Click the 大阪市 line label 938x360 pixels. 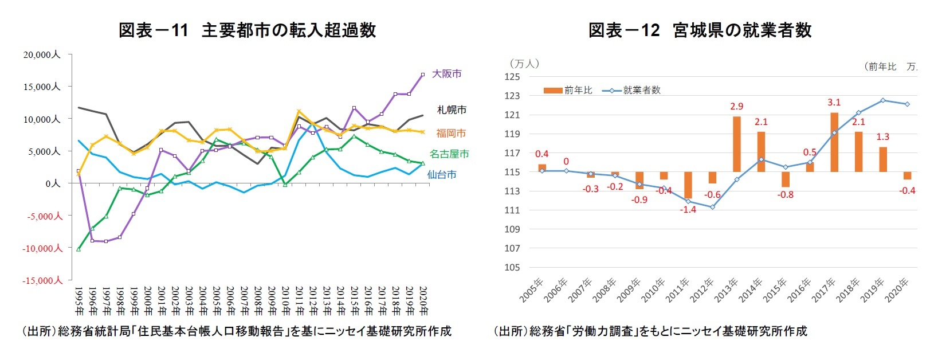[x=446, y=73]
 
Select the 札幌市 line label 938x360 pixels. [x=452, y=109]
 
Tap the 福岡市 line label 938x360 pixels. [x=451, y=133]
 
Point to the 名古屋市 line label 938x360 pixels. [x=449, y=154]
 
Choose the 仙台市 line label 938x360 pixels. [x=442, y=174]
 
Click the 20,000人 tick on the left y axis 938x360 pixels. [x=42, y=54]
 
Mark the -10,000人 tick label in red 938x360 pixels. [x=42, y=248]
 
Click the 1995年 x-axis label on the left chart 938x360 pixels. [x=79, y=300]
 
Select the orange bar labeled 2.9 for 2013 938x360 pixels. [x=736, y=144]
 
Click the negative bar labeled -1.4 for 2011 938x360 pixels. [x=688, y=185]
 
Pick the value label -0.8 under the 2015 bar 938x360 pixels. [x=785, y=194]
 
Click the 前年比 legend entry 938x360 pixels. [x=568, y=90]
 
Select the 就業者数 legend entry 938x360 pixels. [x=632, y=90]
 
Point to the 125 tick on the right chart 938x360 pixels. [x=512, y=77]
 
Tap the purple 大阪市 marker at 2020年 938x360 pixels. [x=423, y=74]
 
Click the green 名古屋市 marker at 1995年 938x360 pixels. [x=79, y=249]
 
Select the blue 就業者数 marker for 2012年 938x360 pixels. [x=712, y=207]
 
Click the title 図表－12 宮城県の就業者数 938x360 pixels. [x=700, y=30]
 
